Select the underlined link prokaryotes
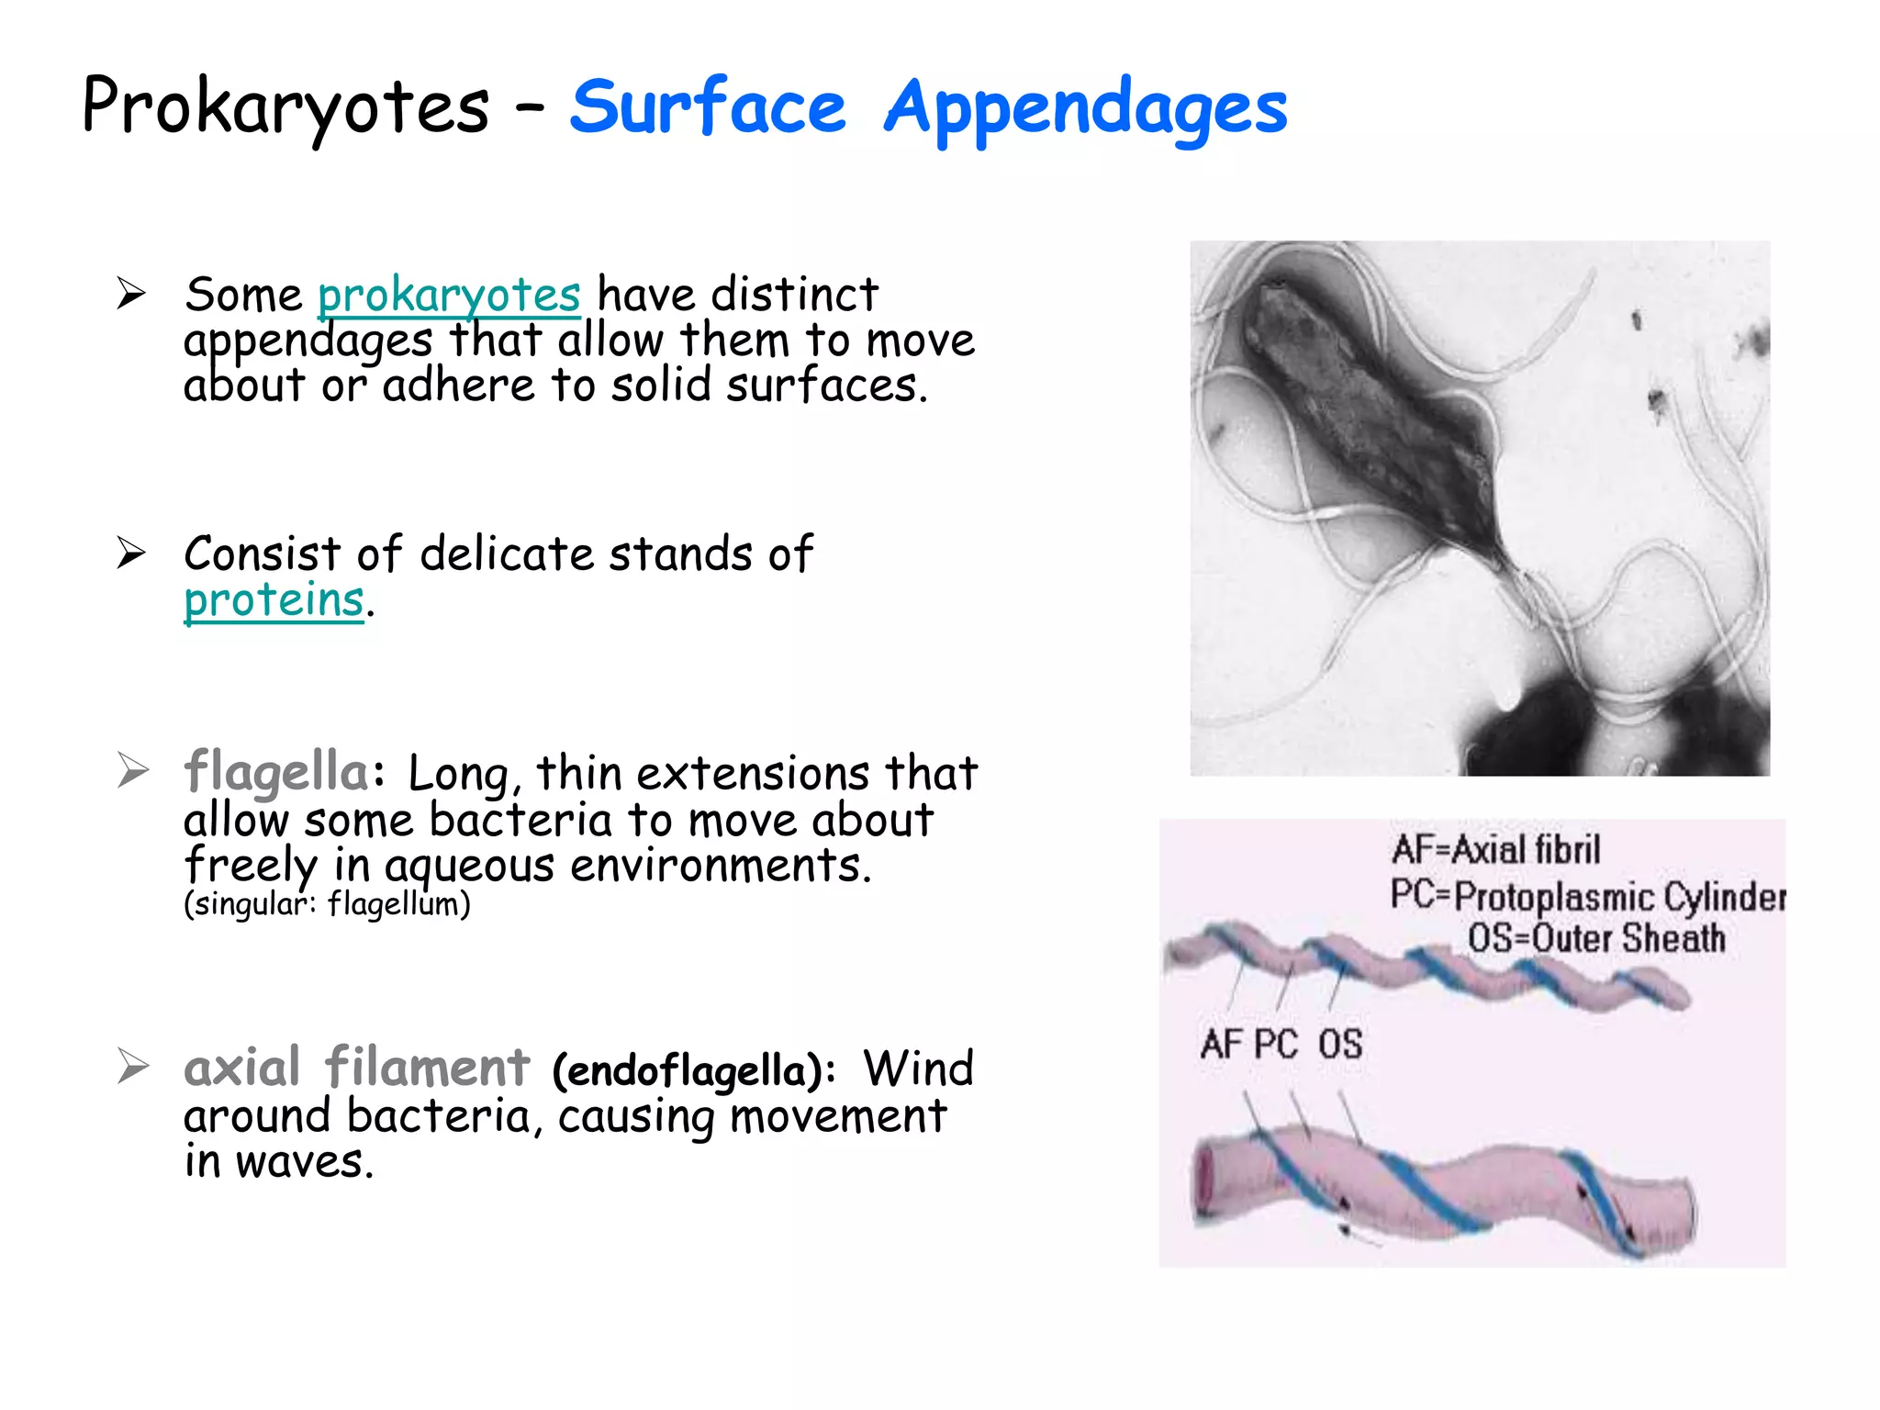(x=449, y=296)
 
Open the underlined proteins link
(x=274, y=600)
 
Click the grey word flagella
(x=276, y=770)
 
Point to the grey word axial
(x=242, y=1067)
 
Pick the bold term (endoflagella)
(x=693, y=1070)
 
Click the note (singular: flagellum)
(x=327, y=904)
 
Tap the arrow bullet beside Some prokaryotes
(x=131, y=294)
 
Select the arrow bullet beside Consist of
(x=131, y=553)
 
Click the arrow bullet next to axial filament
(x=132, y=1067)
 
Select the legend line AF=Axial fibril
(x=1495, y=849)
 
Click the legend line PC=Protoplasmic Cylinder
(x=1587, y=895)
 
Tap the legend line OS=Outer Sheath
(x=1595, y=938)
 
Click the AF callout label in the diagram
(x=1222, y=1045)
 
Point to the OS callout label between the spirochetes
(x=1340, y=1045)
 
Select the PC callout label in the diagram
(x=1276, y=1045)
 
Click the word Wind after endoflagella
(x=918, y=1069)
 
